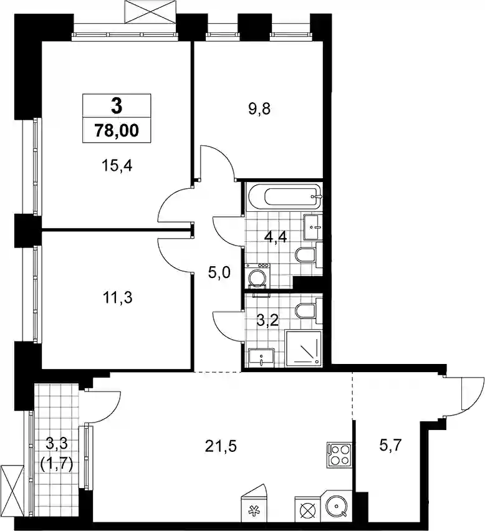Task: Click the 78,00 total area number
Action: (117, 130)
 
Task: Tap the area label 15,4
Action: (117, 166)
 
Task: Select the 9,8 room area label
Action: (259, 109)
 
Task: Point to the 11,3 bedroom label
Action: (117, 298)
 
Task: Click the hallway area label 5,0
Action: (219, 272)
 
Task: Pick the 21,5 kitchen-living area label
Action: (221, 447)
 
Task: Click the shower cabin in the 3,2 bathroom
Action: (304, 348)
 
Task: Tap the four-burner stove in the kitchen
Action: (339, 455)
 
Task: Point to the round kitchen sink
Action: (337, 507)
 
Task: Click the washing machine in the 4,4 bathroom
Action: (257, 275)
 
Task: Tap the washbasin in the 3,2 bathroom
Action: (261, 358)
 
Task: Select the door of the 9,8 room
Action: (217, 163)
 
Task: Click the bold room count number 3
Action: (117, 106)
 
